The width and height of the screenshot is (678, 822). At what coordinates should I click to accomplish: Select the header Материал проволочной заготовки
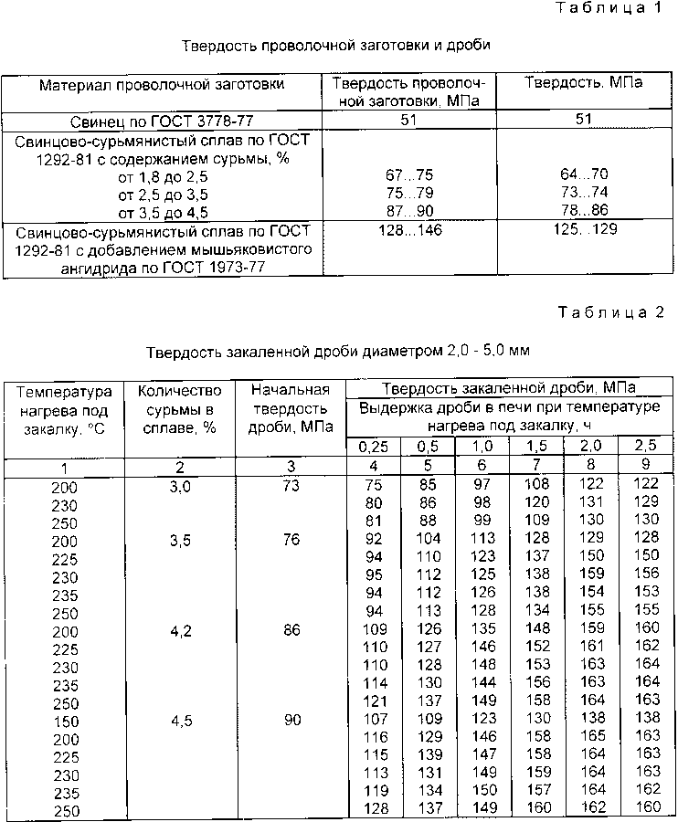(162, 84)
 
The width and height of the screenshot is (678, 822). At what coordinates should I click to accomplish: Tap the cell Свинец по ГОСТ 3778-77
(162, 120)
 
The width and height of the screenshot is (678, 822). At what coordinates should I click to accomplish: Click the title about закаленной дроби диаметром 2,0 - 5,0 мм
(338, 350)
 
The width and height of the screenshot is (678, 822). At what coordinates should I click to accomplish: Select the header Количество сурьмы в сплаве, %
(179, 408)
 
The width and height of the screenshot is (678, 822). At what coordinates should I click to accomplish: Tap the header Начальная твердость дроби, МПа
(291, 408)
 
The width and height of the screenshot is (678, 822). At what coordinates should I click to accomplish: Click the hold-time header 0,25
(373, 448)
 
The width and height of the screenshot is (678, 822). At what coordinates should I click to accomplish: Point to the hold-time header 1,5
(536, 448)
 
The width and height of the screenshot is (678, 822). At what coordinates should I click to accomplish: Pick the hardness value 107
(373, 719)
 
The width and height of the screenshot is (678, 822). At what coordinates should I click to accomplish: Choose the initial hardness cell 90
(291, 719)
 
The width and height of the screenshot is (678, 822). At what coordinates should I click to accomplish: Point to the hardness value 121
(373, 701)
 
